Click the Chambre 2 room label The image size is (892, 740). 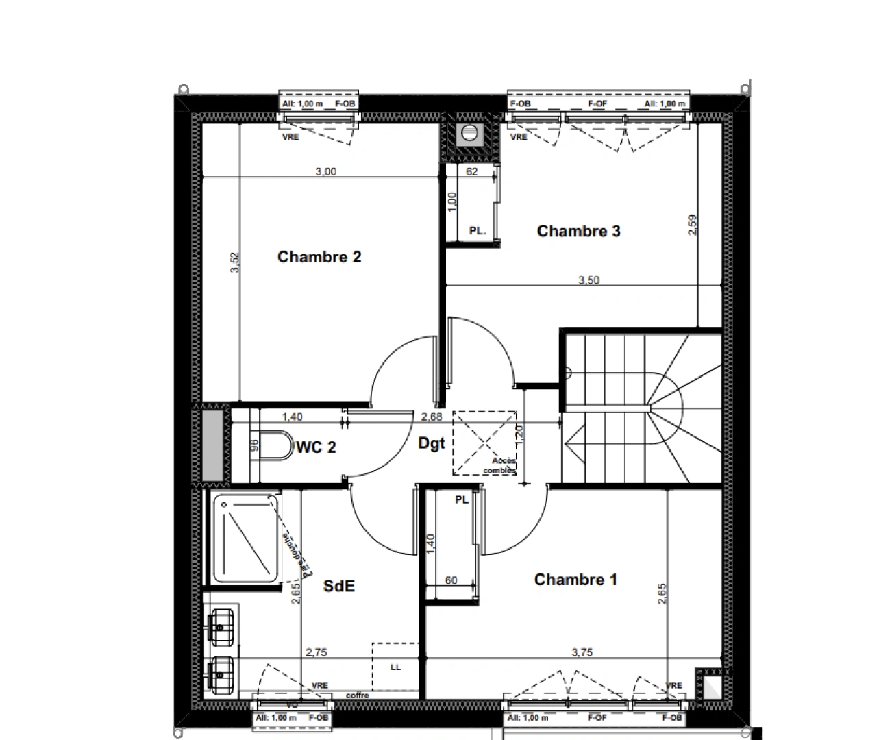tap(319, 257)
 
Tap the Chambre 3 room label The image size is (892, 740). tap(578, 231)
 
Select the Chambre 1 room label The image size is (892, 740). tap(575, 580)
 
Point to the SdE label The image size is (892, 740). tap(339, 586)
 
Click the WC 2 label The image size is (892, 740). tap(316, 447)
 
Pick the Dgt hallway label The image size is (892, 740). tap(432, 443)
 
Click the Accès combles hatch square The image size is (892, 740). tap(484, 443)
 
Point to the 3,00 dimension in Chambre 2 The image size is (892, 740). tap(325, 172)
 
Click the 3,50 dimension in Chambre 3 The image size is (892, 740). tap(589, 280)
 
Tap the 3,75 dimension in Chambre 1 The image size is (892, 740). tap(582, 652)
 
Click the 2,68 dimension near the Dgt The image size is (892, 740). tap(431, 417)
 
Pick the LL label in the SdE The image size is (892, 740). tap(395, 667)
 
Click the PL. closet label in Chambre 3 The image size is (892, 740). tap(477, 232)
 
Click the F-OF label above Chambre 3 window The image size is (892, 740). tap(597, 104)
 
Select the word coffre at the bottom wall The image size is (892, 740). tap(357, 695)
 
